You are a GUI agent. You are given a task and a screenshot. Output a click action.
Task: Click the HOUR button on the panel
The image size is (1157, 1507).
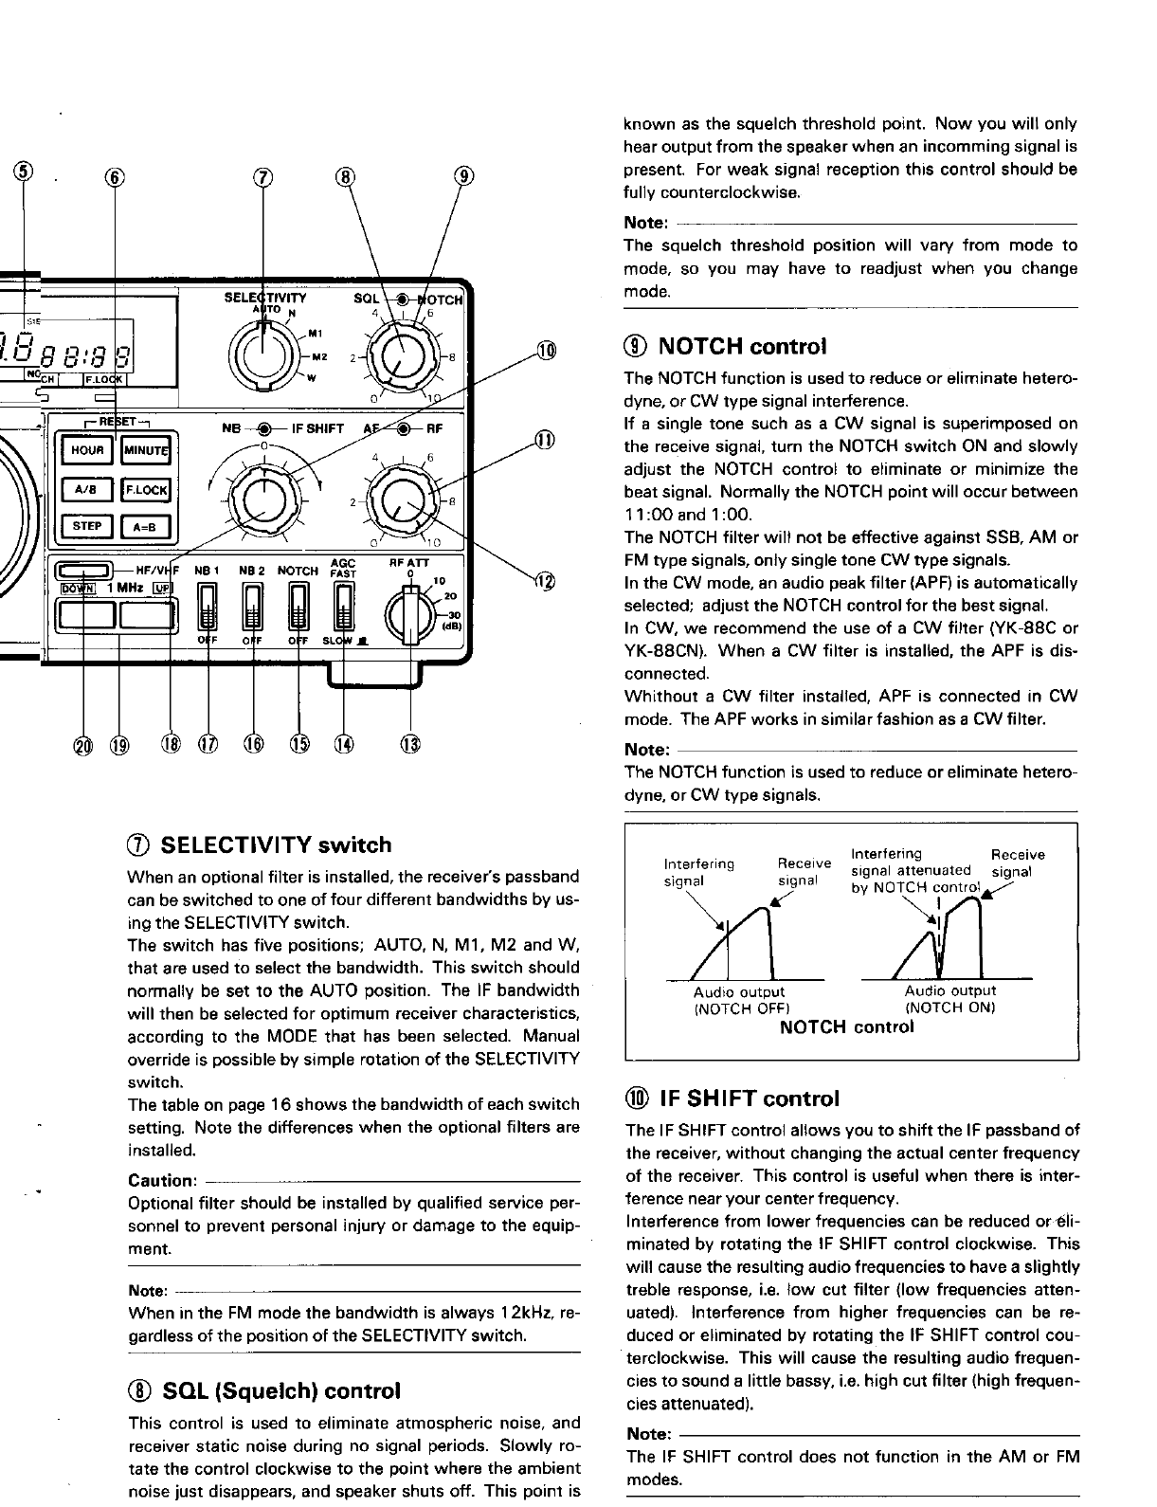[x=86, y=450]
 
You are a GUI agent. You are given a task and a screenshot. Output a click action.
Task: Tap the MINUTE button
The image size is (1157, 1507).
[x=145, y=450]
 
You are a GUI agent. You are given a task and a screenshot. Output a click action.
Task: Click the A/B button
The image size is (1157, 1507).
[x=86, y=489]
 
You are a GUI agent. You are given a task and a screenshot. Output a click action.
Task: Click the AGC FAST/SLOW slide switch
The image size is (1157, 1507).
[x=343, y=608]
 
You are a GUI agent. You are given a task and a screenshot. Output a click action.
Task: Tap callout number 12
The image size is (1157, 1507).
[x=546, y=580]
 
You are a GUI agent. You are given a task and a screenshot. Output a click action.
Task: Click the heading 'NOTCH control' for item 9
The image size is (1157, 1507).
[x=741, y=346]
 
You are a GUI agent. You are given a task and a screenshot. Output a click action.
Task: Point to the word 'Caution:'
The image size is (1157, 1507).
[x=161, y=1181]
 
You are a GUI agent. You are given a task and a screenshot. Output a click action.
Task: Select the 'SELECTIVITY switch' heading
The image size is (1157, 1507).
[x=276, y=845]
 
